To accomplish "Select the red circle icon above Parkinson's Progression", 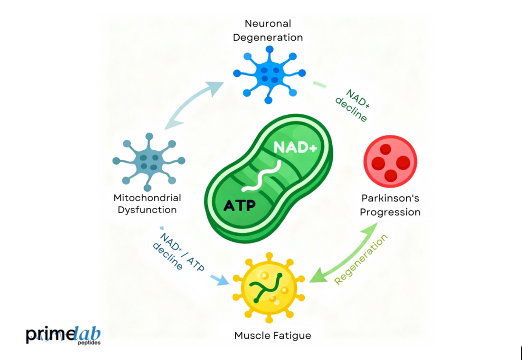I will [x=390, y=161].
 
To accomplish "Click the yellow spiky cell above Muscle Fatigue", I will [x=269, y=287].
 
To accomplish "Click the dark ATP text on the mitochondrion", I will [x=240, y=205].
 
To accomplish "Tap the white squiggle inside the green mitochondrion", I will [x=269, y=176].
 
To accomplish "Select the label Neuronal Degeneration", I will [x=268, y=30].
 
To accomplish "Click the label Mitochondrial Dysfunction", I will [x=147, y=203].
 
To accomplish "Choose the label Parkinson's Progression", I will [x=390, y=205].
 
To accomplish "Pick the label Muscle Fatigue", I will [x=273, y=336].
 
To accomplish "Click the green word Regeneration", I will [x=361, y=259].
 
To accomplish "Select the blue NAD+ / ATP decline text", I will [x=177, y=251].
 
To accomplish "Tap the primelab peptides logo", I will [x=63, y=335].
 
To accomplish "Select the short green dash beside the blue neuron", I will [x=319, y=84].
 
